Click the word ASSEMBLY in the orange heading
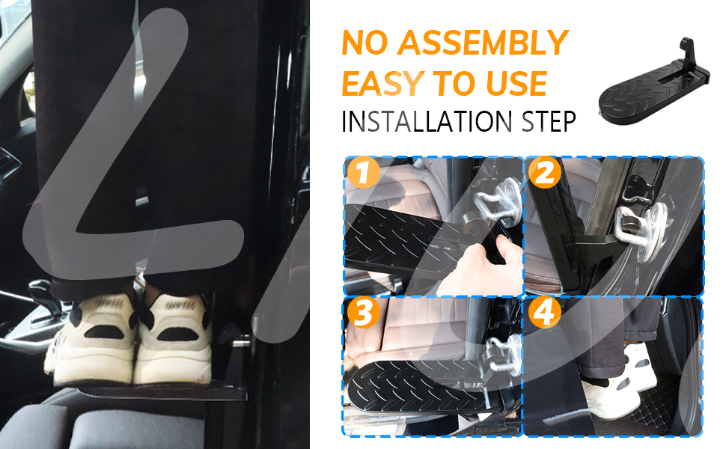click(483, 43)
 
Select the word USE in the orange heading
click(516, 83)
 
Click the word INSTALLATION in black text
click(427, 122)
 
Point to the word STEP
click(549, 122)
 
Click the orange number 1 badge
click(364, 172)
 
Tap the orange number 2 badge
click(545, 172)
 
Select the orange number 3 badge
click(364, 313)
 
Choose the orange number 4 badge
click(545, 313)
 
